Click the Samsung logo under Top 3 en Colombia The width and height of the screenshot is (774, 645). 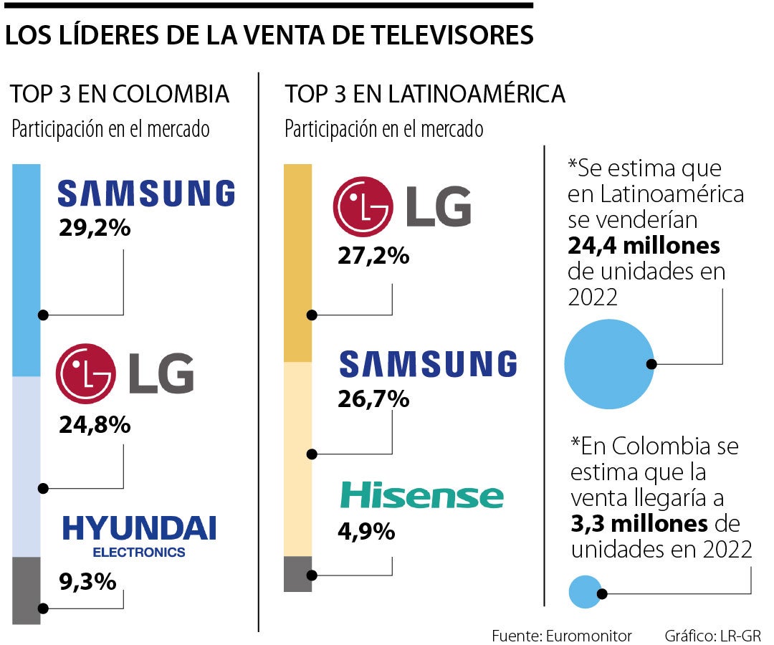coord(145,193)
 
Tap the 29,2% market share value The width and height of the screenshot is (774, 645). coord(95,229)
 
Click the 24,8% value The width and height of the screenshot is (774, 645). coord(95,425)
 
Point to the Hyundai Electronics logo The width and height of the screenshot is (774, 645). coord(139,535)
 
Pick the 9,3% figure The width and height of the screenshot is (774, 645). coord(87,581)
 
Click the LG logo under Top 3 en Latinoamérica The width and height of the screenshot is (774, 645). coord(402,207)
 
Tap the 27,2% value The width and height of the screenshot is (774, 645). coord(373,255)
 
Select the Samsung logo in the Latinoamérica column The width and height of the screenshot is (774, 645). coord(428,364)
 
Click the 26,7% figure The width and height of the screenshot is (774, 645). coord(373,398)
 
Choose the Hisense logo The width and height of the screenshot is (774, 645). coord(421,496)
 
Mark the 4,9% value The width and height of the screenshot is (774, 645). coord(366,532)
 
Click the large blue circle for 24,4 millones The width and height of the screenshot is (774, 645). coord(609,363)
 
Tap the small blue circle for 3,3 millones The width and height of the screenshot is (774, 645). coord(585,592)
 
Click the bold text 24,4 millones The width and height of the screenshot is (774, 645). coord(644,246)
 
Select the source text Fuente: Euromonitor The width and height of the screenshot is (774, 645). coord(562,636)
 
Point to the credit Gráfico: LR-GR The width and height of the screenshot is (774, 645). coord(712,636)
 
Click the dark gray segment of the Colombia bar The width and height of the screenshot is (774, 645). coord(27,590)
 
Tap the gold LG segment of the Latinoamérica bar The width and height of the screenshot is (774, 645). coord(298,262)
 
